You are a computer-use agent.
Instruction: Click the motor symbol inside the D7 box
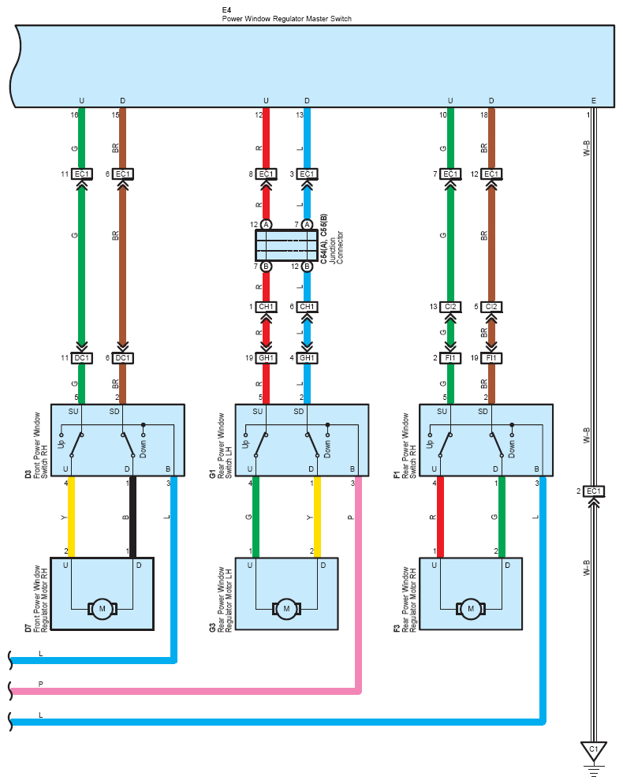click(102, 608)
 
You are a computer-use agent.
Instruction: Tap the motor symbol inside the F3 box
click(471, 608)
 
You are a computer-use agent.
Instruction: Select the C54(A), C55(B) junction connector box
click(286, 245)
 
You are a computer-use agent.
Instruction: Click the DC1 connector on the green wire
click(81, 358)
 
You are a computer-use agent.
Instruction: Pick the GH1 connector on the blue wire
click(307, 358)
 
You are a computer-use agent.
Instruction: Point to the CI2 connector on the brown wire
click(491, 307)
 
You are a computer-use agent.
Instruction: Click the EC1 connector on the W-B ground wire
click(594, 491)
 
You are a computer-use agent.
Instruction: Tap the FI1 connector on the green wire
click(450, 358)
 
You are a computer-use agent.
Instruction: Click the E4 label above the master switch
click(226, 10)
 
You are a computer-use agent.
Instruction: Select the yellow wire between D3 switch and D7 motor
click(72, 517)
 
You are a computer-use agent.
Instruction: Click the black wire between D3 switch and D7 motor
click(132, 517)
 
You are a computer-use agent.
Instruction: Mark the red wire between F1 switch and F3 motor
click(441, 517)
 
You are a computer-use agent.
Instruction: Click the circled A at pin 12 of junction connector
click(266, 225)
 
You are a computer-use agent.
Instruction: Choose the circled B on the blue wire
click(307, 267)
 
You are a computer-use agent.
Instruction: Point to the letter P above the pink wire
click(40, 684)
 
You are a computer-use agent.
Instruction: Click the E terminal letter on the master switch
click(594, 100)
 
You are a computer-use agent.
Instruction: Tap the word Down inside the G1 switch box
click(327, 449)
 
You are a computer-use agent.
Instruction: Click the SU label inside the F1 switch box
click(442, 411)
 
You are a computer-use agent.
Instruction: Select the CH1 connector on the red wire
click(266, 307)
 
